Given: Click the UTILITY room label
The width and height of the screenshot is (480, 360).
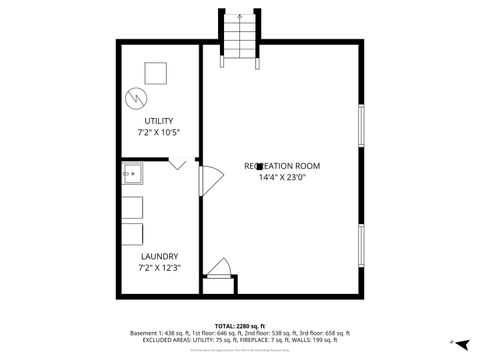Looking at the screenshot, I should pyautogui.click(x=158, y=122).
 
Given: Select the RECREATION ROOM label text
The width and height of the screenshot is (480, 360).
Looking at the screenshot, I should pyautogui.click(x=283, y=165).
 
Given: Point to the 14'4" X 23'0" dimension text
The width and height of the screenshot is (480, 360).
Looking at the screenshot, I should pyautogui.click(x=283, y=178).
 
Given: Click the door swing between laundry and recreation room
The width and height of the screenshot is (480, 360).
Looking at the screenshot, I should pyautogui.click(x=209, y=179).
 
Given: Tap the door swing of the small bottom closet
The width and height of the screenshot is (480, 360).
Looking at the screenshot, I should pyautogui.click(x=220, y=268).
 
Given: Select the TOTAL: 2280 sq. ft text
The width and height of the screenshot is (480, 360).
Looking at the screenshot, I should pyautogui.click(x=239, y=326).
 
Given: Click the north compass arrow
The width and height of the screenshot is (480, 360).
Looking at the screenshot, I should pyautogui.click(x=461, y=341).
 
